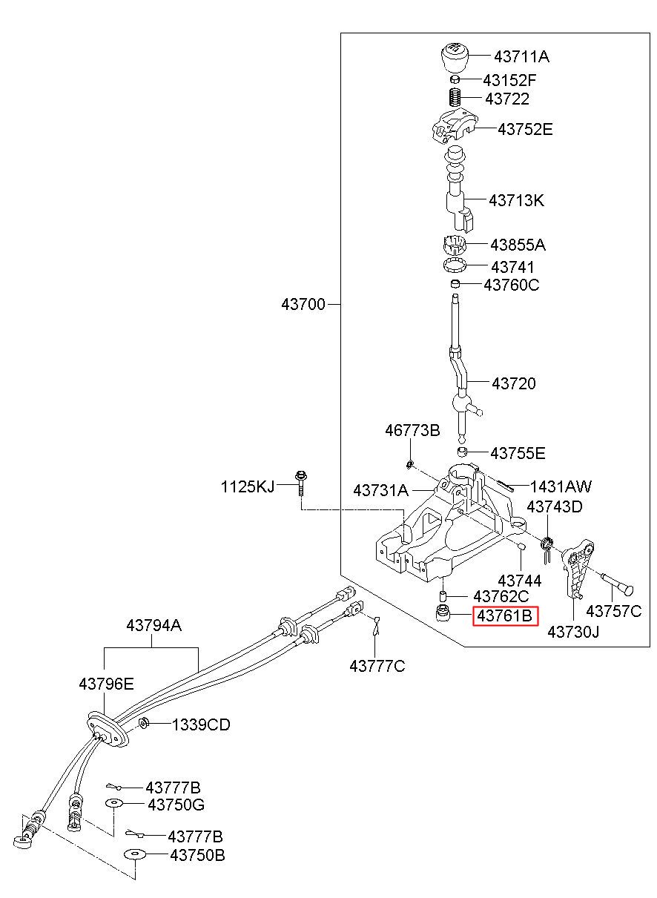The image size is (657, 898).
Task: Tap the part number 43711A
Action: (x=521, y=56)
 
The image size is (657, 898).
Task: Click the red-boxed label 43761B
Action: (x=505, y=615)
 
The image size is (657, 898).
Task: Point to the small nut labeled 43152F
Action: (x=454, y=79)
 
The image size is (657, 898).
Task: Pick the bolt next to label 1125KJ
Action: (x=300, y=484)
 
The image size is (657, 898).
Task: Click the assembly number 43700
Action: (x=303, y=305)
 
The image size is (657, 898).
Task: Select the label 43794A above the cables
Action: (x=154, y=625)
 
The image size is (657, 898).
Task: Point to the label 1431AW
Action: (x=561, y=486)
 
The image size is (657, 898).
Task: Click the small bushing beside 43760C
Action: (x=455, y=284)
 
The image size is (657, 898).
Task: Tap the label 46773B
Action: (x=412, y=431)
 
